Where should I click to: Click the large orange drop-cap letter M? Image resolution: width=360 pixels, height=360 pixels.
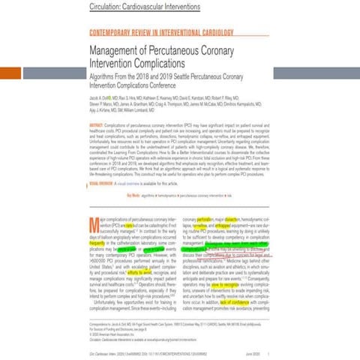[94, 222]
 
